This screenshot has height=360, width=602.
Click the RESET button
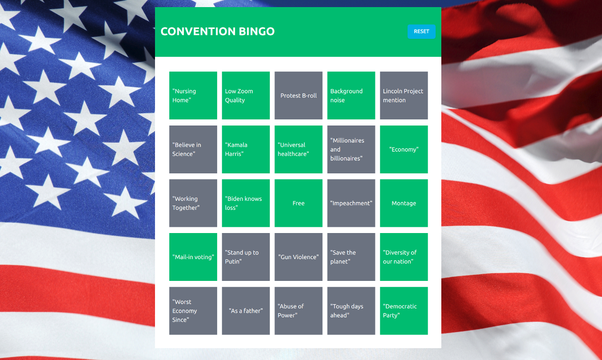point(421,31)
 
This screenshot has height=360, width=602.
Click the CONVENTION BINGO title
point(218,31)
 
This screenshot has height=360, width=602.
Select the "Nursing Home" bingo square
point(193,95)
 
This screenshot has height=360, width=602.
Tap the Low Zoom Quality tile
point(246,95)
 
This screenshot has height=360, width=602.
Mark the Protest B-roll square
point(298,95)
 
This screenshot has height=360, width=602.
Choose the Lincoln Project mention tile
point(403,95)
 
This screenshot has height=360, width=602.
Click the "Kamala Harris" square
point(246,149)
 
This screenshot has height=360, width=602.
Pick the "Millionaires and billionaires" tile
point(351,149)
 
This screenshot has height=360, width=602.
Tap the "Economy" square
point(403,149)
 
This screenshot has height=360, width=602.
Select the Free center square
point(298,203)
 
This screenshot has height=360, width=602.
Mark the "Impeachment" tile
point(351,203)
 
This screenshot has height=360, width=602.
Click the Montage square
point(403,203)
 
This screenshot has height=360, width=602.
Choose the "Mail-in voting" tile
point(193,257)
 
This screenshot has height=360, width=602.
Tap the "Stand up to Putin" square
point(246,257)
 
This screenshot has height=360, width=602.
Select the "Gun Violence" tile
point(298,257)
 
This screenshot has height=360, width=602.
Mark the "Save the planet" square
point(351,257)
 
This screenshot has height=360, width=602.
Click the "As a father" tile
point(246,311)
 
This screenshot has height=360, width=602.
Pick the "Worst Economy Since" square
point(193,311)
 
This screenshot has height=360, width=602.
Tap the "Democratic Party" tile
point(403,311)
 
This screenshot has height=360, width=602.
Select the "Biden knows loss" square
point(246,203)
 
